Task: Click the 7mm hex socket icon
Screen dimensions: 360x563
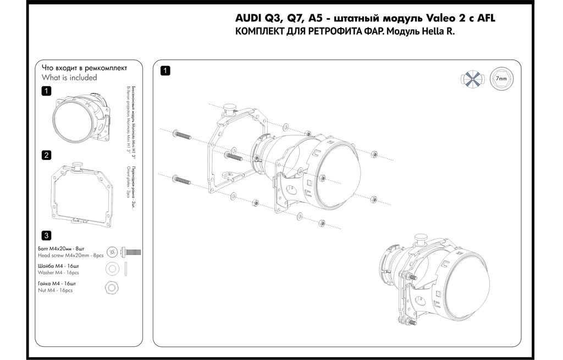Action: pyautogui.click(x=501, y=79)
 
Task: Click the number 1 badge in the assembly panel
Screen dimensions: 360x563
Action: pyautogui.click(x=164, y=70)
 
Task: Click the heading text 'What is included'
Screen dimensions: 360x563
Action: pyautogui.click(x=69, y=77)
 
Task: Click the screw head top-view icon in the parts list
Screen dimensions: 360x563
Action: pyautogui.click(x=113, y=252)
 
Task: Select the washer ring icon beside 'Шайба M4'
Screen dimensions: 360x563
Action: pyautogui.click(x=113, y=268)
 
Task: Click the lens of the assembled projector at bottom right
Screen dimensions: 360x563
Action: pyautogui.click(x=471, y=286)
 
